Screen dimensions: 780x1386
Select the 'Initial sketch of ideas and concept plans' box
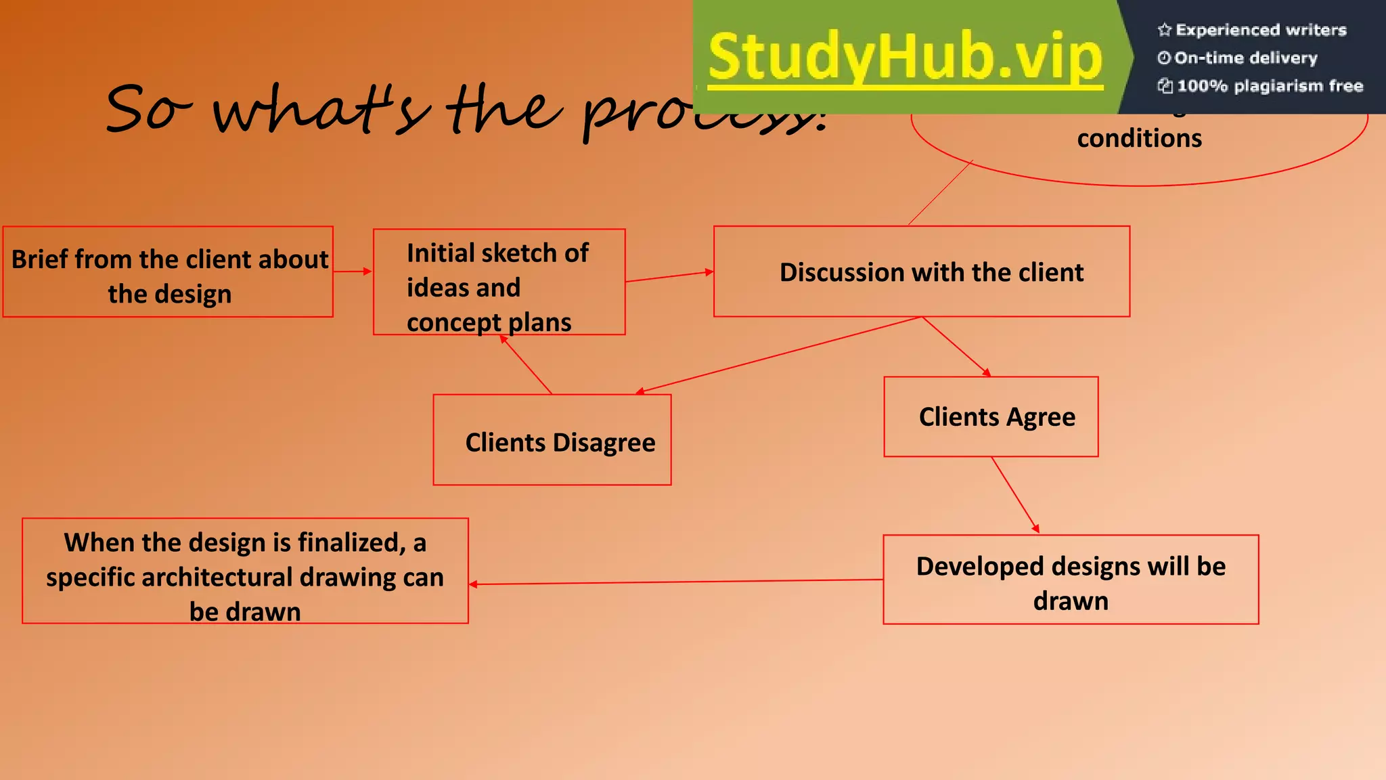(499, 282)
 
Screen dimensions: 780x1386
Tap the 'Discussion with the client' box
(921, 272)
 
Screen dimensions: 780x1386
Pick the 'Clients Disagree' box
(552, 440)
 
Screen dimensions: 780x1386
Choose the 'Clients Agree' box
(991, 416)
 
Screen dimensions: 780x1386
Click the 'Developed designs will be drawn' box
(1071, 580)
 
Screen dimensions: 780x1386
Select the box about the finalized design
(245, 571)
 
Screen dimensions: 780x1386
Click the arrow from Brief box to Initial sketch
(353, 272)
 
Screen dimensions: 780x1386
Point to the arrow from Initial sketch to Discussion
(669, 276)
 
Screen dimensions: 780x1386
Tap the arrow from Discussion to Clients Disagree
(778, 355)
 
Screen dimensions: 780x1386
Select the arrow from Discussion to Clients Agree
(956, 346)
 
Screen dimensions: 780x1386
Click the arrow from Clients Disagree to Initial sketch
(527, 365)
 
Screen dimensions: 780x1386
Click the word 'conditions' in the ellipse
(1139, 138)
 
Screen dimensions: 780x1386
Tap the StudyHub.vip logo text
(906, 57)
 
